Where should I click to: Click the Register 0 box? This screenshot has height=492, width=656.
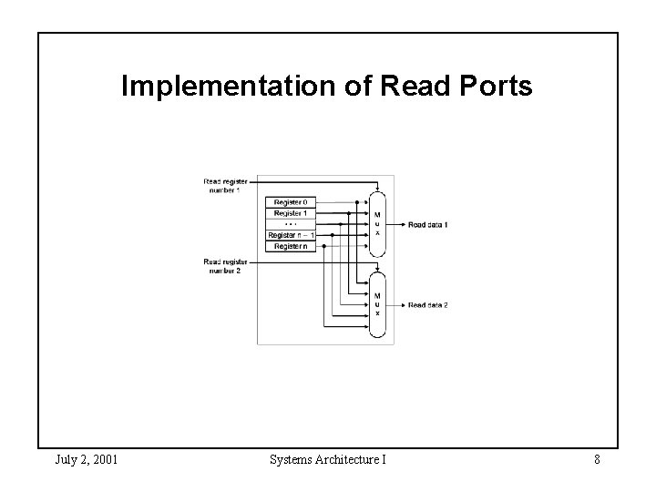(x=291, y=201)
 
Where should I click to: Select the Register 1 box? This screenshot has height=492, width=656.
(x=291, y=212)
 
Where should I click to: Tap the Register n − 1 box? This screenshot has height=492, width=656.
(x=291, y=235)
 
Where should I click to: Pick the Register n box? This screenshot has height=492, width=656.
(x=291, y=246)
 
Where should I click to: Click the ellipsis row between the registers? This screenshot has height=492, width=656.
(x=291, y=223)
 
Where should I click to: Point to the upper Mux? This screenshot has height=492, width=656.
(x=377, y=224)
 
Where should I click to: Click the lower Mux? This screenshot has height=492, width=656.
(x=377, y=304)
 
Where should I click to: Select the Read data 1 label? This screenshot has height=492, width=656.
(x=428, y=224)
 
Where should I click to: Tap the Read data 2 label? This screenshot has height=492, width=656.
(x=428, y=304)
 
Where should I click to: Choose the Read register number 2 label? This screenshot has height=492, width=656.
(x=222, y=266)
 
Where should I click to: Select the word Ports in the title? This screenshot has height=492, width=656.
(x=498, y=87)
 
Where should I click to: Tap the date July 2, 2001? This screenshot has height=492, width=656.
(x=86, y=459)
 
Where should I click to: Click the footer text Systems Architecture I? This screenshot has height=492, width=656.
(x=328, y=459)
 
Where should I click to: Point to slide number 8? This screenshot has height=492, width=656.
(x=597, y=459)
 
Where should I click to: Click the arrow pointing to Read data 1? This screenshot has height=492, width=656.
(x=397, y=224)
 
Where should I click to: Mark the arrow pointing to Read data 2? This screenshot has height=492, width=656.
(x=397, y=304)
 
